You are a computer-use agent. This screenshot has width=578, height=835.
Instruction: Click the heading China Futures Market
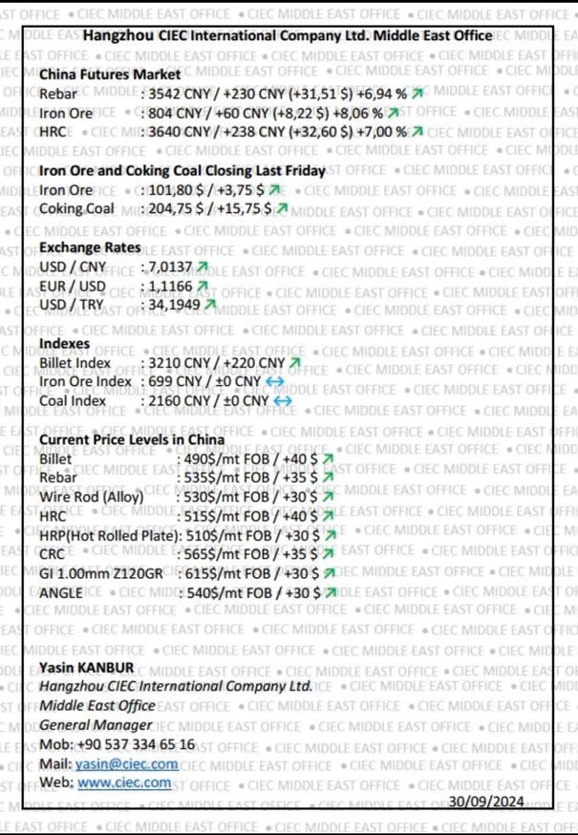(x=110, y=75)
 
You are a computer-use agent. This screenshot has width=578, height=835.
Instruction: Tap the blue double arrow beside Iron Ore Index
(x=275, y=382)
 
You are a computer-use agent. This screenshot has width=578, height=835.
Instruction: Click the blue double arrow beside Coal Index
(x=283, y=401)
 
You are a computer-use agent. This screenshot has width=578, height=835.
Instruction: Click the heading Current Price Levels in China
(x=132, y=439)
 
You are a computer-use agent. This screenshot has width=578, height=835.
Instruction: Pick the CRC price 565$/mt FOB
(x=223, y=553)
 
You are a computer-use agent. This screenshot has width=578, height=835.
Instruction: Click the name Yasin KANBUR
(x=87, y=668)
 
